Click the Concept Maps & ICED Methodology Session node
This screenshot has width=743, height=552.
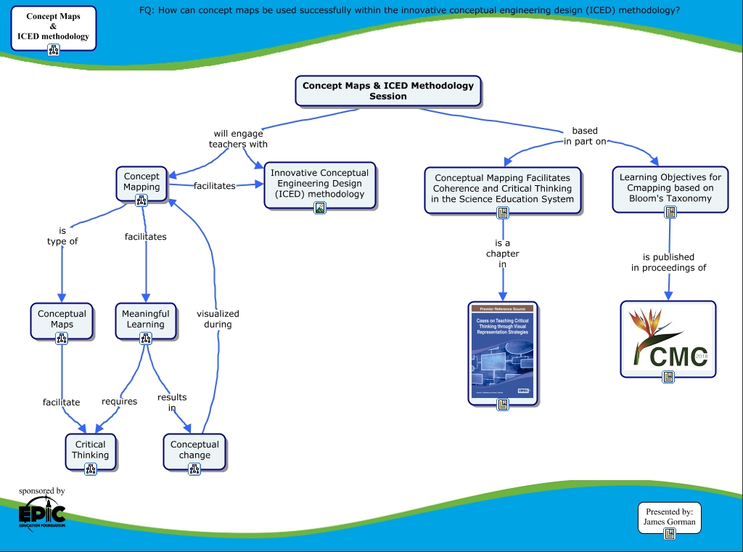coord(388,91)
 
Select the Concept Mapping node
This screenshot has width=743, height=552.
coord(141,182)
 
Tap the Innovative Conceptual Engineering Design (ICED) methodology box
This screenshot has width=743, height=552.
coord(319,183)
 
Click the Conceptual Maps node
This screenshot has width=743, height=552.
coord(62,320)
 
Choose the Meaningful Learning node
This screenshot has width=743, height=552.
coord(145,320)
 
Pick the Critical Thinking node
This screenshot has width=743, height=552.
coord(90,450)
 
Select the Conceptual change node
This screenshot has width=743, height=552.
coord(194,450)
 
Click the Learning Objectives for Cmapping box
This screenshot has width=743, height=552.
coord(670,187)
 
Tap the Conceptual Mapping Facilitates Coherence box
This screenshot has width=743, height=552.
coord(502,188)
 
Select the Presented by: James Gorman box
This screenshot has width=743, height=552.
coord(670,516)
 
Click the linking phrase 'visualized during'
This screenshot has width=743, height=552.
coord(218,319)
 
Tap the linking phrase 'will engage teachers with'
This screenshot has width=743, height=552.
coord(238,139)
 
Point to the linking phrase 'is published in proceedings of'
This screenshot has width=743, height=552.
coord(668,262)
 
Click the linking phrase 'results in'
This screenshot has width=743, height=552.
coord(172,402)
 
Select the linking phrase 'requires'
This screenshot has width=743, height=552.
coord(119,401)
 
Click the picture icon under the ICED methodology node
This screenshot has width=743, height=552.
coord(320,208)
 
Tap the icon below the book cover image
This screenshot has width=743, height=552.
coord(502,405)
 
